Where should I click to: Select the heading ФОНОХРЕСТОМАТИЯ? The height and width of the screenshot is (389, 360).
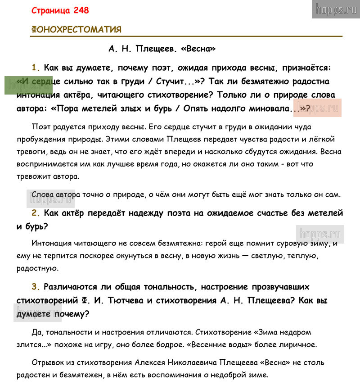[76, 30]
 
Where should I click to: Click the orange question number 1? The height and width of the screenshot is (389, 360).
[36, 68]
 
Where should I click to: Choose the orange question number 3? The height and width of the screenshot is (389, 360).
[36, 287]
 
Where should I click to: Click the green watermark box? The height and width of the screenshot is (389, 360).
[22, 85]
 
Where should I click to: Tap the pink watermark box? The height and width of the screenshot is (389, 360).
[317, 107]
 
